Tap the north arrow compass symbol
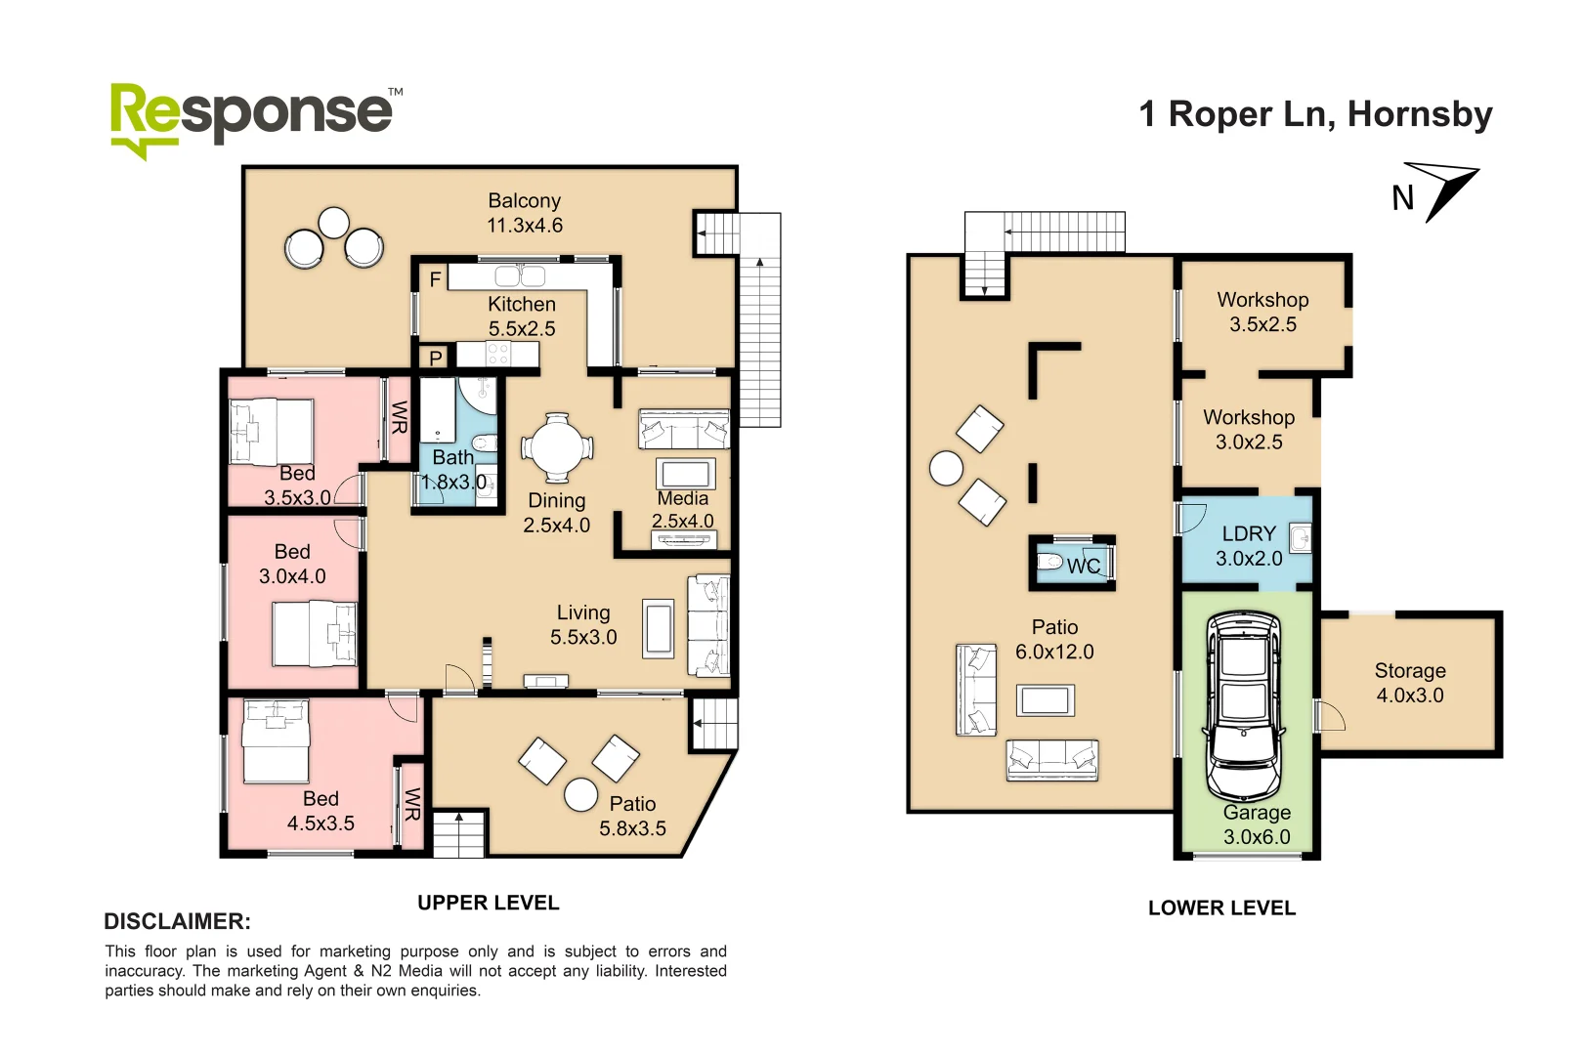1441,190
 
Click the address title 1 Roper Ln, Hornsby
1316,114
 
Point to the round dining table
557,448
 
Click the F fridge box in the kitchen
435,279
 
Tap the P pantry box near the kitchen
436,358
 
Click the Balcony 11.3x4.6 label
525,213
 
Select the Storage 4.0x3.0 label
1410,683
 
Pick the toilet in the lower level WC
1050,562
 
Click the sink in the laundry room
1300,537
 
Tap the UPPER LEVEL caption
489,903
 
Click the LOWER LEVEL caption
1221,908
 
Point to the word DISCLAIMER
178,921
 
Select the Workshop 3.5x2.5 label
1262,312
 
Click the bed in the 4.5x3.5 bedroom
276,740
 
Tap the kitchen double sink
520,275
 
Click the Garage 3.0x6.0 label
1257,824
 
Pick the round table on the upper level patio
580,794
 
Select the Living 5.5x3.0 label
583,624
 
